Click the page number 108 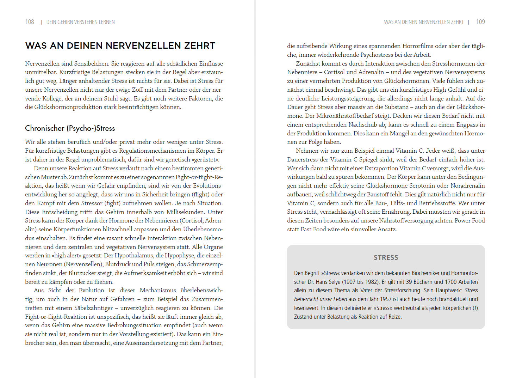click(x=30, y=22)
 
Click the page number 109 click(x=480, y=22)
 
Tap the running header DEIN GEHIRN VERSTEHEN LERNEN click(x=80, y=22)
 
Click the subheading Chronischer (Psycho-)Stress click(x=70, y=128)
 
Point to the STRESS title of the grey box click(x=386, y=258)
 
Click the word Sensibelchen click(x=91, y=63)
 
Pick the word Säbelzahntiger click(x=93, y=308)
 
